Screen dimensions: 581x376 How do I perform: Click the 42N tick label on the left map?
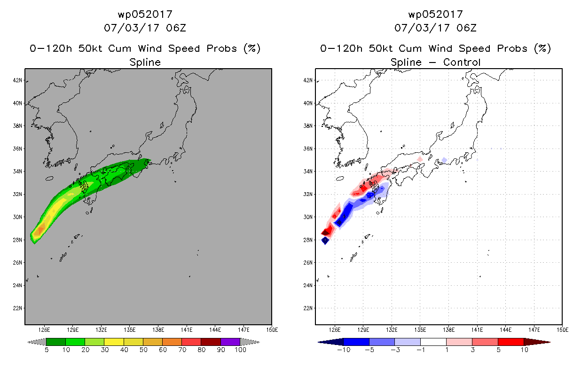17,80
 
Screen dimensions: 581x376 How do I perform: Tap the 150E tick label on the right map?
563,330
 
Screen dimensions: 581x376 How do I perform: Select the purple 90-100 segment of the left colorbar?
230,342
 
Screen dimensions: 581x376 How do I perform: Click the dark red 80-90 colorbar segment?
211,342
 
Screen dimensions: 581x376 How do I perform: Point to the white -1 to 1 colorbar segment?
433,342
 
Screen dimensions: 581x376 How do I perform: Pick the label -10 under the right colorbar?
344,350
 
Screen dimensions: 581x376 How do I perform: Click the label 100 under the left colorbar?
241,350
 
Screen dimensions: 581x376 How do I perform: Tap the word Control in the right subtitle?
462,62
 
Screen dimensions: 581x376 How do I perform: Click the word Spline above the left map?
145,63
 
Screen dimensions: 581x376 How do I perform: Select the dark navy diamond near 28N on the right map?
325,241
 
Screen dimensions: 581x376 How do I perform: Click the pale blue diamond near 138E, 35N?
444,160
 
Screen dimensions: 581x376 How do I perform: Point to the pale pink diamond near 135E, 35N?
420,159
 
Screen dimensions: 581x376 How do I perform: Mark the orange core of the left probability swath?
41,230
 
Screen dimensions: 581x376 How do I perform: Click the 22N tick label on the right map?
308,308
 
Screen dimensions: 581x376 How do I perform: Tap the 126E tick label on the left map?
44,330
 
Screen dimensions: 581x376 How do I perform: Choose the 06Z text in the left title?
176,28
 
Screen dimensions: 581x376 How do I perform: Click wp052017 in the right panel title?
436,14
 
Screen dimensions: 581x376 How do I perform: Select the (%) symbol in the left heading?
252,48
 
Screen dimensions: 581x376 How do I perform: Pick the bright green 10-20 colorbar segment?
75,342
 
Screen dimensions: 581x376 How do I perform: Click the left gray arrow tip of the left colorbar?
28,342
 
